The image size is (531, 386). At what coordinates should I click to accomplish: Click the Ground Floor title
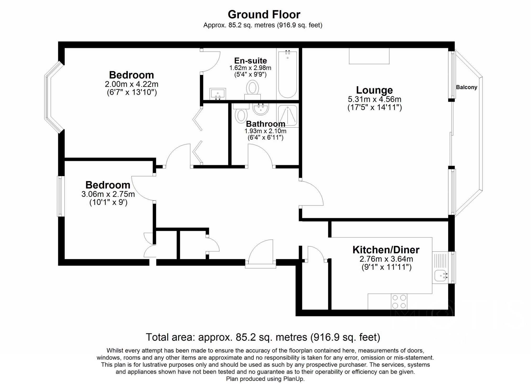point(264,14)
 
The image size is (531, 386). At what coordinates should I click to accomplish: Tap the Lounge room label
point(374,90)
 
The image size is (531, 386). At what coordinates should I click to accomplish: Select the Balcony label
point(466,87)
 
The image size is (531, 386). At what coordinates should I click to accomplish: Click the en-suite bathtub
point(288,74)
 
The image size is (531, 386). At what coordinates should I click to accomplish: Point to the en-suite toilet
point(253,89)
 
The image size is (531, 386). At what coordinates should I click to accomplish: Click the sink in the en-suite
point(218,94)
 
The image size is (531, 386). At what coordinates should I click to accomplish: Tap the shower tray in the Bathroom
point(288,115)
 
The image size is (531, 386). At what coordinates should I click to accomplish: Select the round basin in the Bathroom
point(261,109)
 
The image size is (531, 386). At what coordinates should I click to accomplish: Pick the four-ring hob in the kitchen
point(399,302)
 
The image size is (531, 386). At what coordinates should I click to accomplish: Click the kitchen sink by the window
point(440,276)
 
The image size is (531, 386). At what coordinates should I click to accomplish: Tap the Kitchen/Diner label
point(386,250)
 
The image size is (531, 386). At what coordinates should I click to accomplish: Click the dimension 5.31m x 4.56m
point(374,99)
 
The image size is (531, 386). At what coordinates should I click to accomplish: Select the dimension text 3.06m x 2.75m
point(108,194)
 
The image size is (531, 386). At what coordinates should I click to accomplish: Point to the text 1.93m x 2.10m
point(265,131)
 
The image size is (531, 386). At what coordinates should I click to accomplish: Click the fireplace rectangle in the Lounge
point(369,56)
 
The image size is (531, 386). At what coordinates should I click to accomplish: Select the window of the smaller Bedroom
point(61,196)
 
